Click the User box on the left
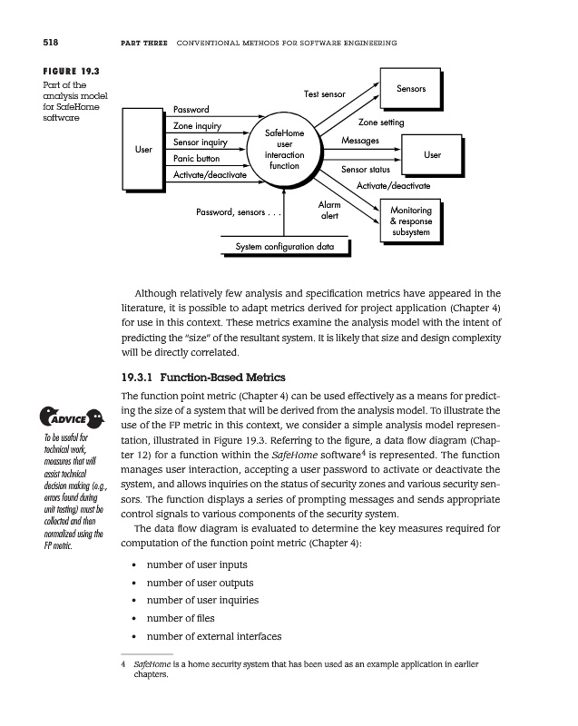(x=142, y=149)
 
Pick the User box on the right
(x=432, y=155)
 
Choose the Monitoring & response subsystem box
(x=410, y=221)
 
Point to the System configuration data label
(x=284, y=247)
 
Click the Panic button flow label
(x=197, y=159)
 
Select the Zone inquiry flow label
(x=197, y=126)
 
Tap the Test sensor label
(x=324, y=94)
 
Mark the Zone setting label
(x=381, y=122)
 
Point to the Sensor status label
(x=365, y=170)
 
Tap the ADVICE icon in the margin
(x=64, y=419)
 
